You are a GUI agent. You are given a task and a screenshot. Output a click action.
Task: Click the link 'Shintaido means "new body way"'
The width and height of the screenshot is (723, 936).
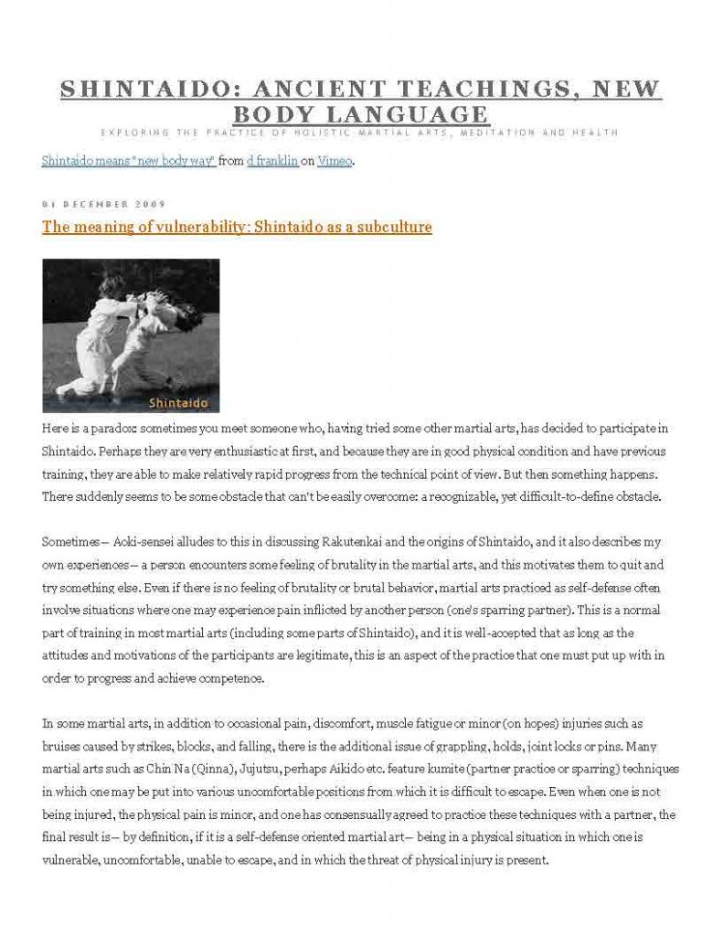coord(129,161)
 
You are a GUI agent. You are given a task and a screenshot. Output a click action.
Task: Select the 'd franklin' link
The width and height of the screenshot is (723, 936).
coord(273,161)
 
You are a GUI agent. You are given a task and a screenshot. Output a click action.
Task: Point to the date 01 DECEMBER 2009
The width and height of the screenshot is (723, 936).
coord(103,203)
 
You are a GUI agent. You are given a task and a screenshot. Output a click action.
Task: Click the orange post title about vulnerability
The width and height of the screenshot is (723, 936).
coord(237,227)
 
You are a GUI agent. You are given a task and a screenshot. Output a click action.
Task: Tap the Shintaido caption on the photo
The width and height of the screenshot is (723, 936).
coord(178,402)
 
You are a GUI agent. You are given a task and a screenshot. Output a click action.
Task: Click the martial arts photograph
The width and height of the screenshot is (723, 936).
coord(131,335)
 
